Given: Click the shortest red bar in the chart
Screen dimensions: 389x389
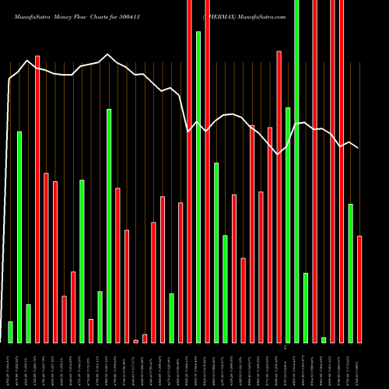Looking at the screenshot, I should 135,341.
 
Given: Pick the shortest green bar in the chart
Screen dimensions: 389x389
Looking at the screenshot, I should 324,339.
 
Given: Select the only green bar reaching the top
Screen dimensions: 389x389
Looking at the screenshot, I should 296,171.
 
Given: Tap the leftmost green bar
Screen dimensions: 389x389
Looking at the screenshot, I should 10,331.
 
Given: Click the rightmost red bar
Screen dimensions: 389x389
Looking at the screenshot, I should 359,289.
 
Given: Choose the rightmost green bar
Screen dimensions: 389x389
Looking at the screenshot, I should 350,272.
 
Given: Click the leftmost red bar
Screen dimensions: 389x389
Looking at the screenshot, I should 37,198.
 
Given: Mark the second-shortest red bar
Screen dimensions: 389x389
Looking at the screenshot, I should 145,338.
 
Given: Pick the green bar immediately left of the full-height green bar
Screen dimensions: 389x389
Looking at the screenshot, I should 288,225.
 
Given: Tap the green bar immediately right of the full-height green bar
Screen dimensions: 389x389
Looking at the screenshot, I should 306,307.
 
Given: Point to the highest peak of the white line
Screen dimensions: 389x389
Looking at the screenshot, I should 28,60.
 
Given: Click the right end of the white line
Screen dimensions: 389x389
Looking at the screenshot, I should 358,148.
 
